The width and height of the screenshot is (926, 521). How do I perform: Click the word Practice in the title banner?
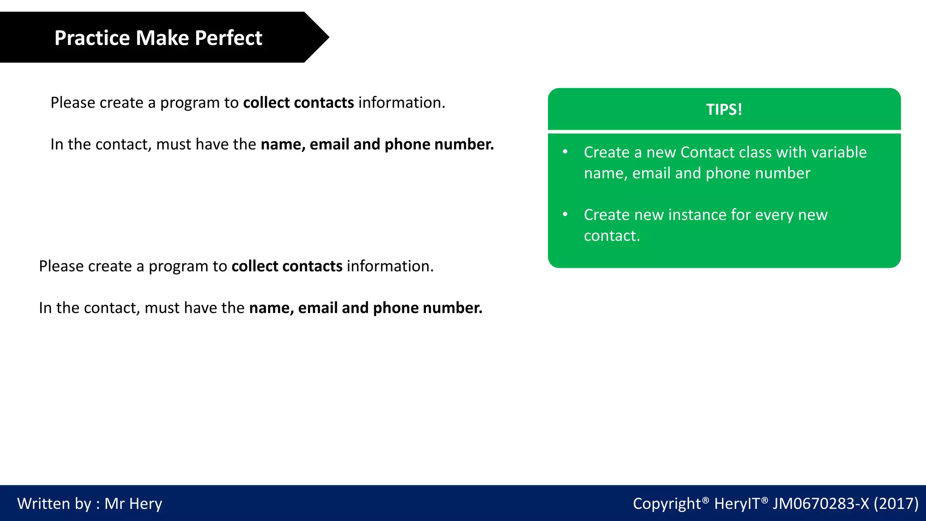[x=92, y=38]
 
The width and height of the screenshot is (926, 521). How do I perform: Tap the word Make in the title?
[x=162, y=38]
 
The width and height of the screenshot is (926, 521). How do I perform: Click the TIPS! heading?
[x=724, y=109]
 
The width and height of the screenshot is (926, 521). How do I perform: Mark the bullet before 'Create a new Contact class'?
[x=565, y=152]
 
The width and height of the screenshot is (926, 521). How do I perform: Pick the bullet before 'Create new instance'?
[x=565, y=214]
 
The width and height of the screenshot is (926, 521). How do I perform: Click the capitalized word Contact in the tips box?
[x=707, y=152]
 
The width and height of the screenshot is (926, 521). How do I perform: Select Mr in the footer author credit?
[x=114, y=504]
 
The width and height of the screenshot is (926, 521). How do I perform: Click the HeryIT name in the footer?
[x=737, y=504]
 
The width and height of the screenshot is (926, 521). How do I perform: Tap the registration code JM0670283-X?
[x=820, y=504]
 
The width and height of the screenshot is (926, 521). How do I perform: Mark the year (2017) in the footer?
[x=896, y=504]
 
